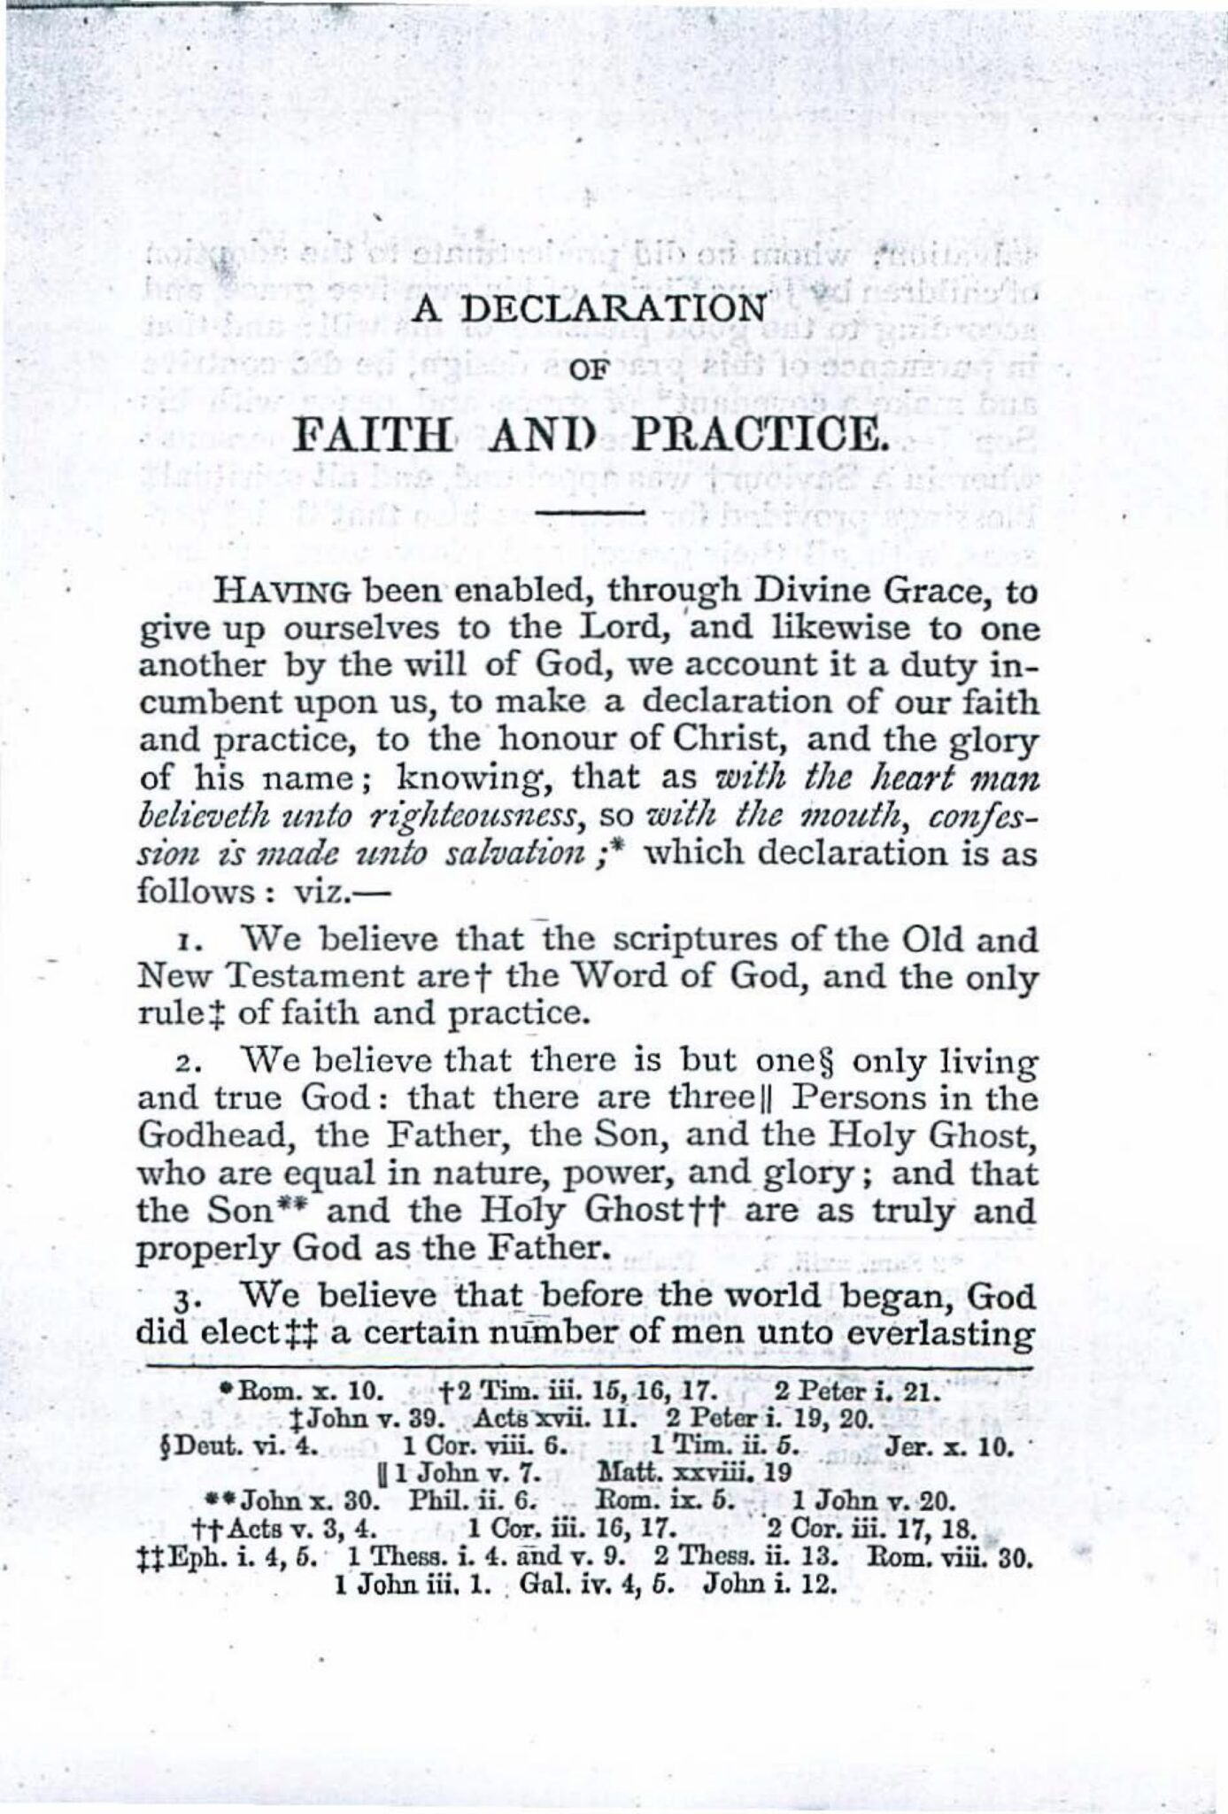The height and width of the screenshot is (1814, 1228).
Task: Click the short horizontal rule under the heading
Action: pos(591,511)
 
